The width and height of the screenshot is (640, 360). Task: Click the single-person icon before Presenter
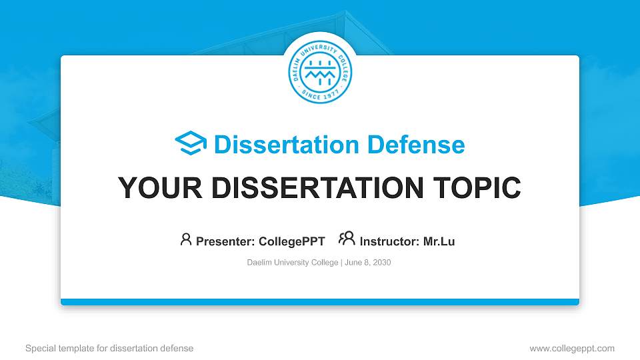click(x=186, y=239)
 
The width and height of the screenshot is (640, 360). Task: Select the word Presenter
click(x=221, y=241)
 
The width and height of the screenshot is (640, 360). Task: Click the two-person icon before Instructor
click(x=347, y=239)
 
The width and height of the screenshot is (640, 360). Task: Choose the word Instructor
click(x=388, y=241)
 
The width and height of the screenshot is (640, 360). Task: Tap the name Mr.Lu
click(x=439, y=241)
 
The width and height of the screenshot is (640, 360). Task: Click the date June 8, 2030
click(x=368, y=263)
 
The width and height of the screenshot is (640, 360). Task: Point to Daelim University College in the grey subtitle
click(x=292, y=263)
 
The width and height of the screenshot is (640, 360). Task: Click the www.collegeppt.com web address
click(x=572, y=348)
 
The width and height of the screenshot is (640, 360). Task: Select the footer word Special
click(x=40, y=348)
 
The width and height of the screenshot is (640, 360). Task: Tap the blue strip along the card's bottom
click(x=320, y=302)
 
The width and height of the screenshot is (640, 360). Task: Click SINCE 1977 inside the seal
click(x=320, y=94)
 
